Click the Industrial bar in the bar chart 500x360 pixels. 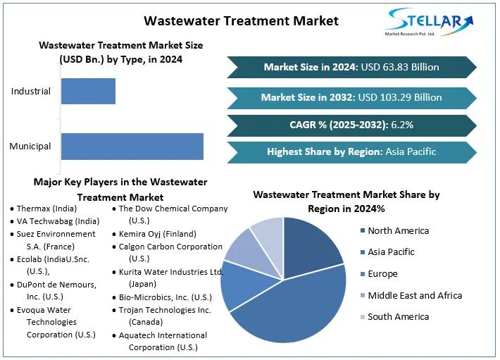pos(88,91)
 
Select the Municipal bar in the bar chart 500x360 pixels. pos(132,146)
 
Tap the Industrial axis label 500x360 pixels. pos(31,92)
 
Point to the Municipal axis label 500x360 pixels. pos(30,147)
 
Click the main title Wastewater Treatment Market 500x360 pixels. pos(241,20)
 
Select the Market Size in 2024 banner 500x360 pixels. pos(351,68)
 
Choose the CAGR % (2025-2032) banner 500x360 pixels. pos(351,125)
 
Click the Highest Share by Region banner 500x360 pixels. pos(351,151)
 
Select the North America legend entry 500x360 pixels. pos(398,230)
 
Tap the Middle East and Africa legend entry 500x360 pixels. pos(414,295)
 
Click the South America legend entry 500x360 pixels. pos(398,317)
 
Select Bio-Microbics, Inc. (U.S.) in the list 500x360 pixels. pos(165,297)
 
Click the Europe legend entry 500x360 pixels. pos(382,273)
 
